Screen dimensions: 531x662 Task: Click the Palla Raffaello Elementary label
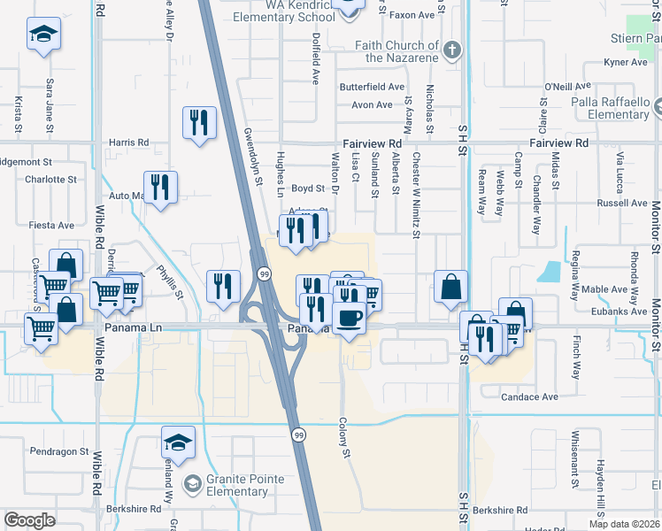click(611, 108)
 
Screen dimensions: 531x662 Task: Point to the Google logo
click(29, 519)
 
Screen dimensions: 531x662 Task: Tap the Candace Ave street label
click(529, 397)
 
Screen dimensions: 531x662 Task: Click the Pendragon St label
click(59, 451)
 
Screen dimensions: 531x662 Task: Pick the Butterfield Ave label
click(372, 88)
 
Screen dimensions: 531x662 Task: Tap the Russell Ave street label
click(622, 203)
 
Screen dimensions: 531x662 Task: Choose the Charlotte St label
click(51, 179)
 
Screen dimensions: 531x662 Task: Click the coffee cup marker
click(349, 318)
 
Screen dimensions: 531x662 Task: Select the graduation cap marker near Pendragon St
click(178, 443)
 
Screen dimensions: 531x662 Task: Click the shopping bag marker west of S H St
click(450, 287)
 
